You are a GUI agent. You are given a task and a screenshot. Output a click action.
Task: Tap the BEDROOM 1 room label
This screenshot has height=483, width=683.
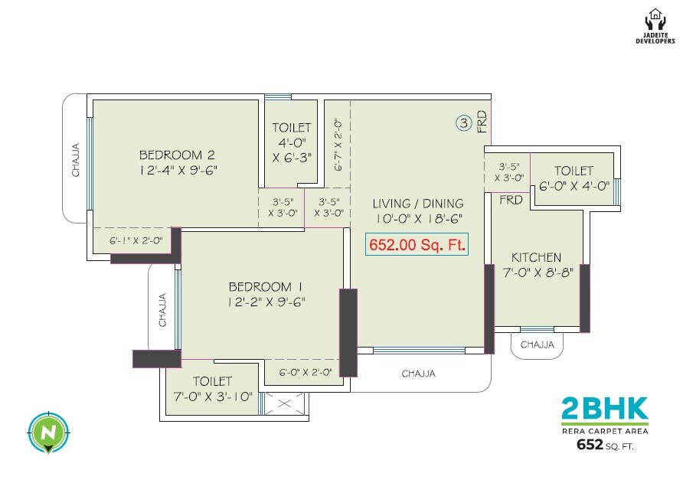[266, 286]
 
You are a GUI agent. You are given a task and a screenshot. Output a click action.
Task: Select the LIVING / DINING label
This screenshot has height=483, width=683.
[418, 204]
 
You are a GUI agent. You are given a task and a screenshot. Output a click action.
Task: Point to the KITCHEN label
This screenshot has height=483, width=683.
[537, 257]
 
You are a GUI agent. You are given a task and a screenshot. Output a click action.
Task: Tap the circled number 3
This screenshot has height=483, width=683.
[463, 122]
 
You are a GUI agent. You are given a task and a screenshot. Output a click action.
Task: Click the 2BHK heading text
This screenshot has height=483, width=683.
[604, 409]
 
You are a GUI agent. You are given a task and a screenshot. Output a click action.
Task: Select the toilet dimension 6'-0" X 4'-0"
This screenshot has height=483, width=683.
[574, 185]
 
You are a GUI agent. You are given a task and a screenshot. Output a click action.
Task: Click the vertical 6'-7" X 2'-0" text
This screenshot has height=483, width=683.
[338, 145]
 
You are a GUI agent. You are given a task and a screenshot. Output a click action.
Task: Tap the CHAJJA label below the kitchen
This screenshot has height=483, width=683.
[537, 345]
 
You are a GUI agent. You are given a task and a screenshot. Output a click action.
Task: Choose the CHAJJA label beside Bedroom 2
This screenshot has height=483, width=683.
[76, 160]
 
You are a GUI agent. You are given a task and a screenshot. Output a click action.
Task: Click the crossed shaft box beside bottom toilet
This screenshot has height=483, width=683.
[283, 403]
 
